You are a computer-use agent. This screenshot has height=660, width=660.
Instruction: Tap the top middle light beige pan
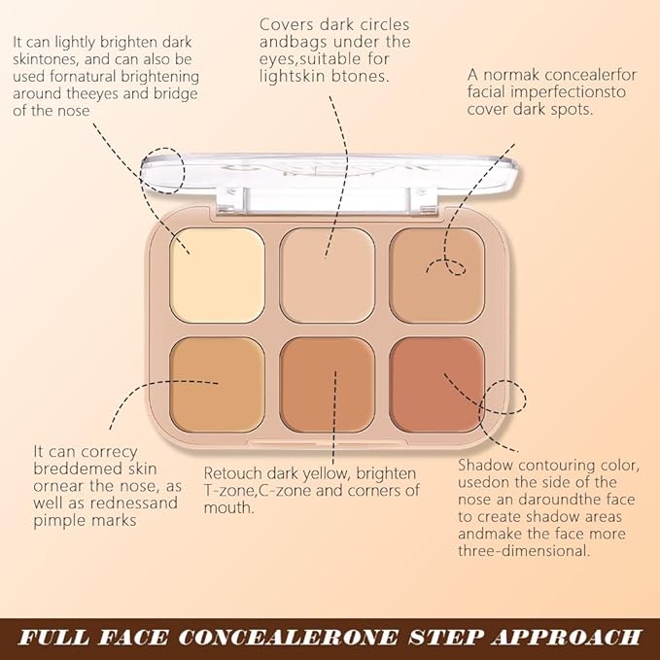(328, 275)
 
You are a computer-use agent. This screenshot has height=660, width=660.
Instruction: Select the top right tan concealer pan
(436, 275)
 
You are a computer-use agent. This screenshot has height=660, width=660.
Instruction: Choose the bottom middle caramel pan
(328, 385)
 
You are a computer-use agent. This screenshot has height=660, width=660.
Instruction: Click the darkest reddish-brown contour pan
(436, 385)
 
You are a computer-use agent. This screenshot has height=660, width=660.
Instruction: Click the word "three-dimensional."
(523, 550)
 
